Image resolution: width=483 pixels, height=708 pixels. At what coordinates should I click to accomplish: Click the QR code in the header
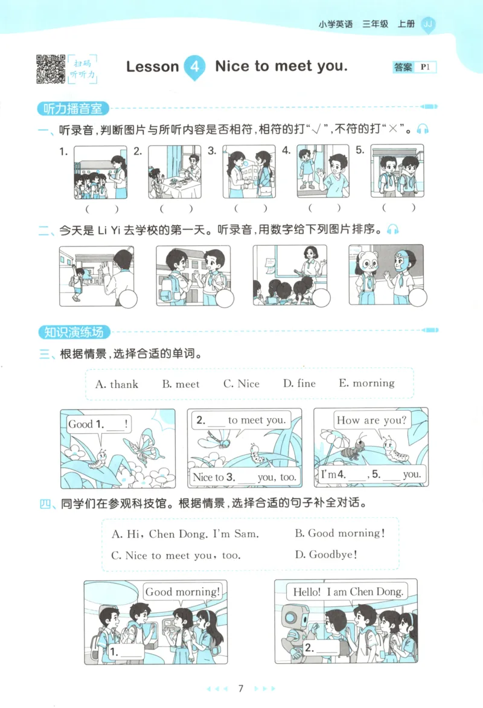(51, 68)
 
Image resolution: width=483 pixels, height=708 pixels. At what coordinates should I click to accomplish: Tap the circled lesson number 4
(194, 66)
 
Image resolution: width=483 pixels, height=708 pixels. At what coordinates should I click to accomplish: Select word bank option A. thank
(117, 384)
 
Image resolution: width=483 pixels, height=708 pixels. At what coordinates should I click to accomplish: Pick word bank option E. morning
(366, 383)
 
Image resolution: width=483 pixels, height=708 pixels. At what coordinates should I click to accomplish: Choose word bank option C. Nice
(241, 384)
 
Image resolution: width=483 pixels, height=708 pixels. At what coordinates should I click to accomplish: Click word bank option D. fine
(299, 384)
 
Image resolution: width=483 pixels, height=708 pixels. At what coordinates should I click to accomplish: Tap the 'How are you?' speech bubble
(371, 420)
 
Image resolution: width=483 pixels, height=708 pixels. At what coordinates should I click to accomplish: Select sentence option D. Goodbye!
(325, 555)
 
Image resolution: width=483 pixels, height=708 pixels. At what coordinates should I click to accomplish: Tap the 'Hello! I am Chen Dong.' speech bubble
(347, 592)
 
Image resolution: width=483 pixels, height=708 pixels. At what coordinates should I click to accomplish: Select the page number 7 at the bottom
(241, 688)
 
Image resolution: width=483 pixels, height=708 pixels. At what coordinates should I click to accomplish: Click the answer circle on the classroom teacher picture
(321, 297)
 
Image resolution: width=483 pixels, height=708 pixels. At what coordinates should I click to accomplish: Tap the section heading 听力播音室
(72, 109)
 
